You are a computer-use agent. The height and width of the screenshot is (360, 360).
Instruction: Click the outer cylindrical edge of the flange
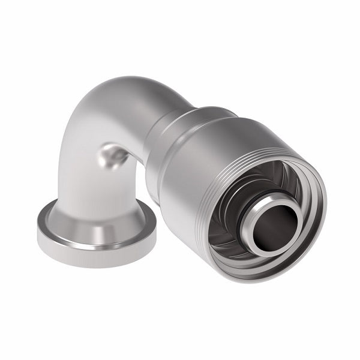(90, 255)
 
